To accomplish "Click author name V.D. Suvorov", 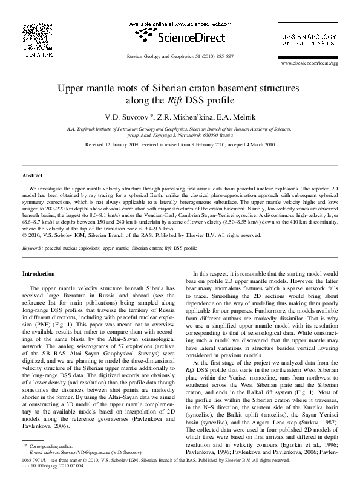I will pos(140,115).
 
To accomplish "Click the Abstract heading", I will pos(32,175).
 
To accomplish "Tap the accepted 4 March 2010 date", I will pos(249,146).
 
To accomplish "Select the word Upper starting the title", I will pos(71,88).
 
